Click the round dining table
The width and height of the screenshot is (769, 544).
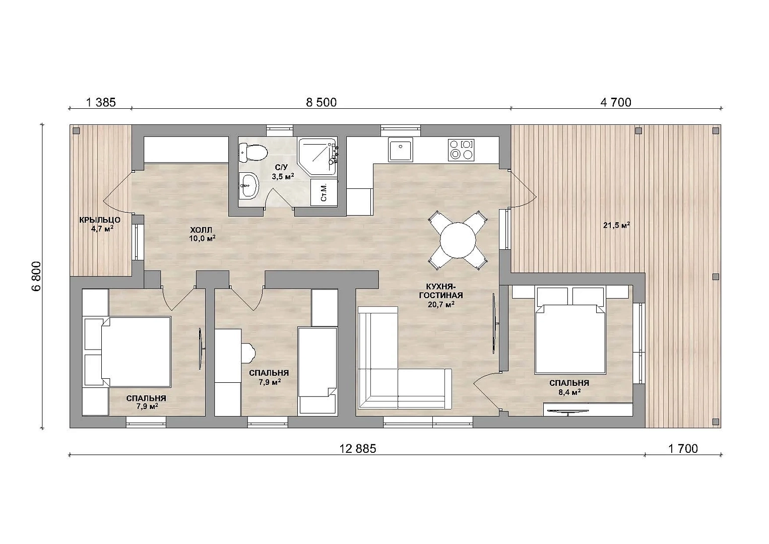[458, 240]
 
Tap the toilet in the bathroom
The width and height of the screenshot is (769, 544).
[253, 153]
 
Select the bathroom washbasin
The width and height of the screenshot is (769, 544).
[248, 185]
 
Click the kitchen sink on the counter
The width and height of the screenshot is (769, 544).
[400, 149]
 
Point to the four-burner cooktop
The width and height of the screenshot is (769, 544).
[461, 149]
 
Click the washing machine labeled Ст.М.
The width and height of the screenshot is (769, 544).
[324, 192]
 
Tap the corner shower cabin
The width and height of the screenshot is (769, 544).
[317, 157]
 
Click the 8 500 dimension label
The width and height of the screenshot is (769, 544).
[322, 102]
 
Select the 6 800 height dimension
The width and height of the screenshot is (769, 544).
[36, 276]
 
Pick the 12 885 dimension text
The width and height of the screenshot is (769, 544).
[358, 449]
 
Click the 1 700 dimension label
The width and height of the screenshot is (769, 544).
[683, 449]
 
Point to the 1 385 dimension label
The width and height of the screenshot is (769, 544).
[101, 102]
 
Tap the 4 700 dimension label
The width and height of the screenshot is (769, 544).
[615, 102]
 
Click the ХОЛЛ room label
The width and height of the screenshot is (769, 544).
[202, 230]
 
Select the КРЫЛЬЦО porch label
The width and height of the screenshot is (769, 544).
[100, 220]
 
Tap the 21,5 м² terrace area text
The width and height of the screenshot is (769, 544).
[617, 225]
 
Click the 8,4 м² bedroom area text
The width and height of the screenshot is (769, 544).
[569, 392]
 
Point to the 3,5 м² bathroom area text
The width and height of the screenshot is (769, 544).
[283, 176]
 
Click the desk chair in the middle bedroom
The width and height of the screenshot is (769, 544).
[249, 352]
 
